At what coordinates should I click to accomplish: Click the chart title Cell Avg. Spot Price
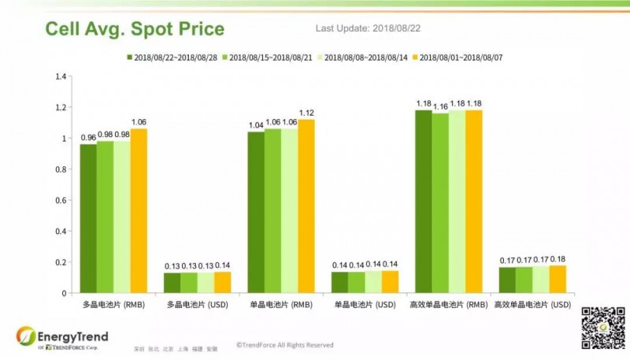[135, 30]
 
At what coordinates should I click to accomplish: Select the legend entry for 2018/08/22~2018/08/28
[172, 58]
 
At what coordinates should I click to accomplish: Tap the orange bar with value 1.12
[306, 206]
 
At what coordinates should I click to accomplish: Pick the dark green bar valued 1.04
[256, 212]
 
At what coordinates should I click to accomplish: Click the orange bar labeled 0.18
[558, 279]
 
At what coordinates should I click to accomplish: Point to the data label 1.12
[306, 113]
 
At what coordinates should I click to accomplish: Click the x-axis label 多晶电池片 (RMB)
[113, 304]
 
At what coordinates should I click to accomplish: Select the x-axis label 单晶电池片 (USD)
[365, 304]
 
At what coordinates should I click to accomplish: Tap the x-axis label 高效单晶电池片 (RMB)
[449, 304]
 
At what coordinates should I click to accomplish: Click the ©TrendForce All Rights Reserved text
[284, 345]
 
